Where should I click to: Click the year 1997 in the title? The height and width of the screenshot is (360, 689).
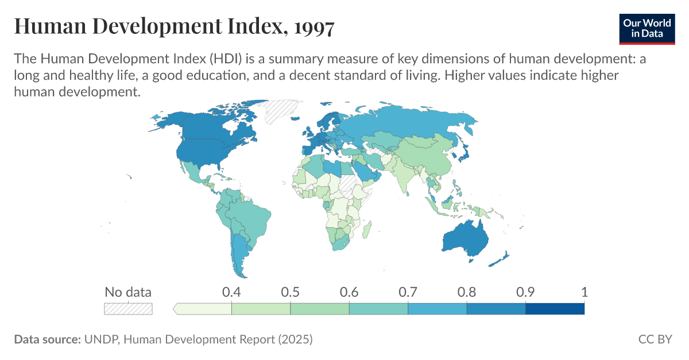coord(312,26)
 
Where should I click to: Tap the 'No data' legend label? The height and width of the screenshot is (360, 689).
coord(128,292)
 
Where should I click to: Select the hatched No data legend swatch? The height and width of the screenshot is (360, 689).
coord(128,308)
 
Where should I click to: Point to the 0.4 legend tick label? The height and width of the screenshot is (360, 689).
coord(231,292)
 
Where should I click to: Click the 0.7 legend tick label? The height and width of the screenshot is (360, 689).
coord(408,292)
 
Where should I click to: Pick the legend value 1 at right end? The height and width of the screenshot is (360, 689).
coord(584,292)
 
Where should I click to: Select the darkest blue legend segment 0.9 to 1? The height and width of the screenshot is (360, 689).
coord(555,309)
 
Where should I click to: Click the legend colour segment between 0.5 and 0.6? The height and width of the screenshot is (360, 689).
coord(320,309)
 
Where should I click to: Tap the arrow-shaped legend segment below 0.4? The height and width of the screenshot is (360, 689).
coord(203,309)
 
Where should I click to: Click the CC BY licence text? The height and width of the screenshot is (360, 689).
coord(655,339)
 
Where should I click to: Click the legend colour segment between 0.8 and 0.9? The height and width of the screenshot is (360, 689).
coord(496,309)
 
